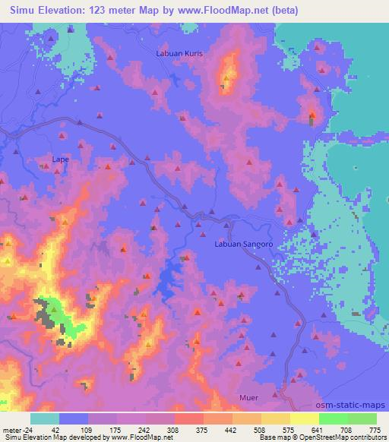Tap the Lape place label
coord(60,159)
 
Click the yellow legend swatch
coord(304,418)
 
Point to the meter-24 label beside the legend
coord(15,430)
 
